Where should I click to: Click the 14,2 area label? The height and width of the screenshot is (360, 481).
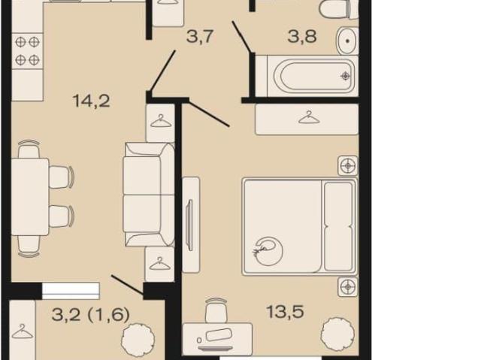(92, 101)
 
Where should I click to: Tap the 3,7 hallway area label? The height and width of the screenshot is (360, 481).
(200, 37)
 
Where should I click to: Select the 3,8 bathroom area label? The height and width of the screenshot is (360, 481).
(302, 37)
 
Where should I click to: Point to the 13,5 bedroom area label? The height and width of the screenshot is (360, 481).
(286, 312)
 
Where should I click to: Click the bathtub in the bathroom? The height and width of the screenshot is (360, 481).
(313, 76)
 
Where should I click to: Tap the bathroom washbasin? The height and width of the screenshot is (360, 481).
(347, 41)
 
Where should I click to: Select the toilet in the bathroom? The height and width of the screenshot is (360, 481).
(338, 8)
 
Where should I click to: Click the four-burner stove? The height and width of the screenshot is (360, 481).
(27, 51)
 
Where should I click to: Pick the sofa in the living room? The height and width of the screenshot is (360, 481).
(149, 195)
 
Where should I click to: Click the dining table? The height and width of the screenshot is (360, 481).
(30, 197)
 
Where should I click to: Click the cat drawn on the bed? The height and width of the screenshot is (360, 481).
(268, 250)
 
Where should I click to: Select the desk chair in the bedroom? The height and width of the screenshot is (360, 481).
(216, 310)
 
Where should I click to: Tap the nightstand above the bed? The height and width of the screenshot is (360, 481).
(348, 165)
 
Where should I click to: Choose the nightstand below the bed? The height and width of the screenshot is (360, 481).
(348, 286)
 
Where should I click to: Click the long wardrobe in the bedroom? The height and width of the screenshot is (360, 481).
(307, 119)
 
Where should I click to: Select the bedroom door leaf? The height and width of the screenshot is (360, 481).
(209, 113)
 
